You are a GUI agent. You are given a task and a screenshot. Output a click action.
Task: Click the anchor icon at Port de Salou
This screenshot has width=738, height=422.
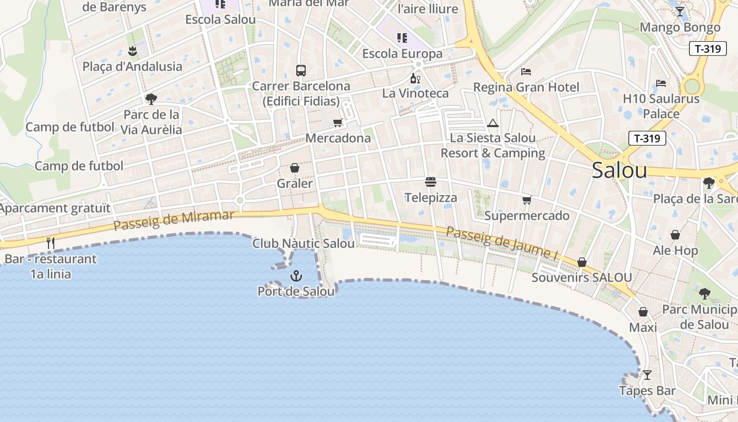pyautogui.click(x=296, y=275)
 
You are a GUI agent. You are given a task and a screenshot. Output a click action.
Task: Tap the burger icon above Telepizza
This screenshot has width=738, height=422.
pyautogui.click(x=431, y=183)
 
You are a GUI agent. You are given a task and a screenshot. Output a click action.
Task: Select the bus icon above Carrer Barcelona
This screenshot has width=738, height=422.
pyautogui.click(x=301, y=70)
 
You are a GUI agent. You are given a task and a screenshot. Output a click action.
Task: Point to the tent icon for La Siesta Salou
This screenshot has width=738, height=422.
pyautogui.click(x=493, y=123)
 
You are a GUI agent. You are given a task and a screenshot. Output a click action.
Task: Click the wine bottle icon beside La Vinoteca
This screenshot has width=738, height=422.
pyautogui.click(x=415, y=79)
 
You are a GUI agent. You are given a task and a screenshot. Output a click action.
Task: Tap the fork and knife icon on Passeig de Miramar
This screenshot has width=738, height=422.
pyautogui.click(x=51, y=243)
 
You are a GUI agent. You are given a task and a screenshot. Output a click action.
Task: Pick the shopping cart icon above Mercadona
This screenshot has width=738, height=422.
pyautogui.click(x=338, y=123)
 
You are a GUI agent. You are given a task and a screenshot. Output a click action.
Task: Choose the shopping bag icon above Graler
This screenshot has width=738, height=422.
pyautogui.click(x=295, y=168)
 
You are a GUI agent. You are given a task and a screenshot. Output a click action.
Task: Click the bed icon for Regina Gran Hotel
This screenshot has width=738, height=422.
pyautogui.click(x=526, y=72)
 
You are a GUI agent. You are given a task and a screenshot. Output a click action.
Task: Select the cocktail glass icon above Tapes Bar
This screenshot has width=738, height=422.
pyautogui.click(x=647, y=375)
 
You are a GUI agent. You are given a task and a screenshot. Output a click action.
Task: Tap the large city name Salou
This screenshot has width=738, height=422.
pyautogui.click(x=619, y=170)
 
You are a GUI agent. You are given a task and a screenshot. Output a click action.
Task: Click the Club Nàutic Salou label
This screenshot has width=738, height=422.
pyautogui.click(x=304, y=244)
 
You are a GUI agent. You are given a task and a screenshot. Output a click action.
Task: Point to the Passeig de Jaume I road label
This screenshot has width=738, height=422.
pyautogui.click(x=502, y=243)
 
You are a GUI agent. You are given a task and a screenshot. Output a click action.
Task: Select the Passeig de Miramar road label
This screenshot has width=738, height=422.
pyautogui.click(x=173, y=220)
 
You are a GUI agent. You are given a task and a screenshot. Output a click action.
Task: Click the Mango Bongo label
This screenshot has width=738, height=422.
pyautogui.click(x=680, y=27)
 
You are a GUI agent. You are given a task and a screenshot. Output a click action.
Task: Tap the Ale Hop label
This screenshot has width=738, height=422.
pyautogui.click(x=675, y=251)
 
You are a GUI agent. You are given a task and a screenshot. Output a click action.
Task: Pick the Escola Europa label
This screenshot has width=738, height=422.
pyautogui.click(x=402, y=54)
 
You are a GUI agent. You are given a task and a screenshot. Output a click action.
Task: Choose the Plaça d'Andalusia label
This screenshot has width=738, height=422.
pyautogui.click(x=132, y=66)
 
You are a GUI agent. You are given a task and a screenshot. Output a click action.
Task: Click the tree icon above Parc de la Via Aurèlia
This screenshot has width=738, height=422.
pyautogui.click(x=151, y=99)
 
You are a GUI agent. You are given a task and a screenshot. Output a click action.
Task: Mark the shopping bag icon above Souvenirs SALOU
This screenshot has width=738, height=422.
pyautogui.click(x=582, y=262)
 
